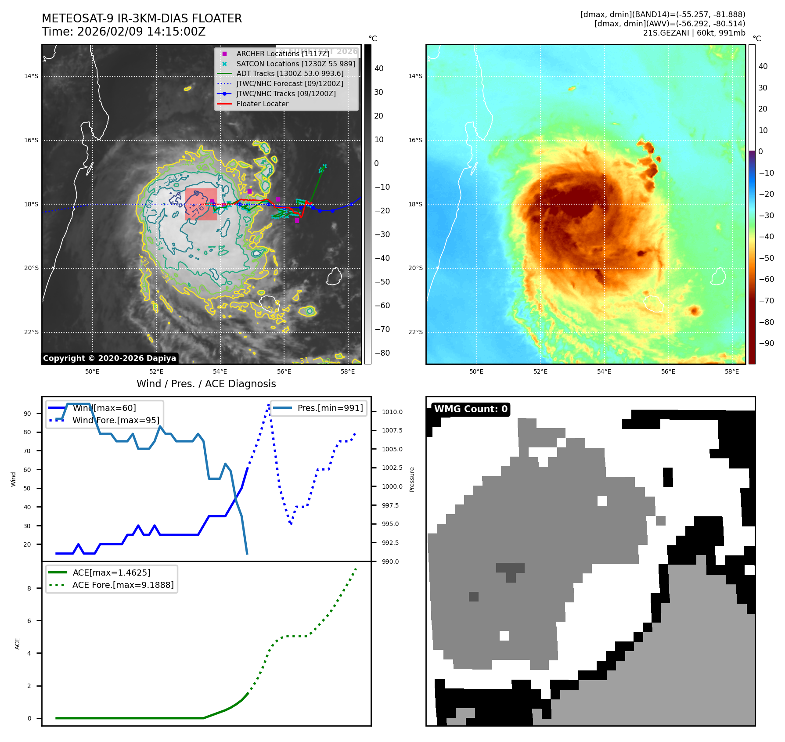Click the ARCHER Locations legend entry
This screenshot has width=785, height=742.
coord(282,54)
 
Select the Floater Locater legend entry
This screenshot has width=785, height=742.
coord(262,104)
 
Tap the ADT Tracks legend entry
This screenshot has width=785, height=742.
coord(290,74)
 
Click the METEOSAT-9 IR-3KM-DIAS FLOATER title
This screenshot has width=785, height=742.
coord(142,18)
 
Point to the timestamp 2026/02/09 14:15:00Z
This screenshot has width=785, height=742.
coord(141,32)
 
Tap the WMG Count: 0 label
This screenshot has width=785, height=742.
coord(471,409)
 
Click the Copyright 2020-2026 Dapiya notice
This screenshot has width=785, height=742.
coord(109,358)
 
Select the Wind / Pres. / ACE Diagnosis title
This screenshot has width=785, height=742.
coord(206,384)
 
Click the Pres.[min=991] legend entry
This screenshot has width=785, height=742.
coord(330,408)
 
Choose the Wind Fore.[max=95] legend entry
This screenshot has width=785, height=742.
coord(115,420)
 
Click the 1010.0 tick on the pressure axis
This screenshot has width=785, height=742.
coord(392,412)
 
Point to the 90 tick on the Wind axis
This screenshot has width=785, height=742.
coord(28,414)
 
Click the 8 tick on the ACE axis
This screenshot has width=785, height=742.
coord(29,588)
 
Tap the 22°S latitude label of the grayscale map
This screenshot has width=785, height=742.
coord(31,332)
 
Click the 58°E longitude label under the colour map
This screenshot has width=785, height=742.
coord(732,371)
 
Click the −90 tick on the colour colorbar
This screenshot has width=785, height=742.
coord(766,343)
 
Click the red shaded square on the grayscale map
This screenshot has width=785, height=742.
coord(201,204)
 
